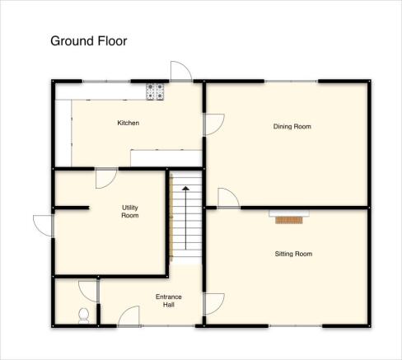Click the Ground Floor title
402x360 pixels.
[x=89, y=41]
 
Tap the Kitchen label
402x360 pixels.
[x=129, y=123]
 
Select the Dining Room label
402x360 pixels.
[x=292, y=126]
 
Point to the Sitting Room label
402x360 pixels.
[x=293, y=254]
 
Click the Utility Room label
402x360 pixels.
[x=130, y=212]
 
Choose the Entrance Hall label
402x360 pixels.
[x=169, y=301]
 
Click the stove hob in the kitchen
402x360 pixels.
[x=155, y=91]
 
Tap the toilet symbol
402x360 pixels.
[x=83, y=316]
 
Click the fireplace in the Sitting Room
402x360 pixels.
[x=289, y=217]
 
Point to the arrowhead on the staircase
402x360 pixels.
[x=186, y=189]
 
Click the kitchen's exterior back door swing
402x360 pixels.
[x=181, y=71]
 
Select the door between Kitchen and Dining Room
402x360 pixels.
[x=214, y=124]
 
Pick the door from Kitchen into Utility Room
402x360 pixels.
[x=106, y=179]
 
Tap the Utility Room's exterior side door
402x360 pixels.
[x=43, y=226]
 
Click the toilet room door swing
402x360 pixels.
[x=88, y=291]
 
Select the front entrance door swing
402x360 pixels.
[x=129, y=316]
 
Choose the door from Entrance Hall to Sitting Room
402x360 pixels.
[x=214, y=304]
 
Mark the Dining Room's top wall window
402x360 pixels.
[x=292, y=82]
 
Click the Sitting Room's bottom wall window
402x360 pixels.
[x=295, y=326]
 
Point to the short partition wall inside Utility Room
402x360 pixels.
[x=72, y=208]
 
